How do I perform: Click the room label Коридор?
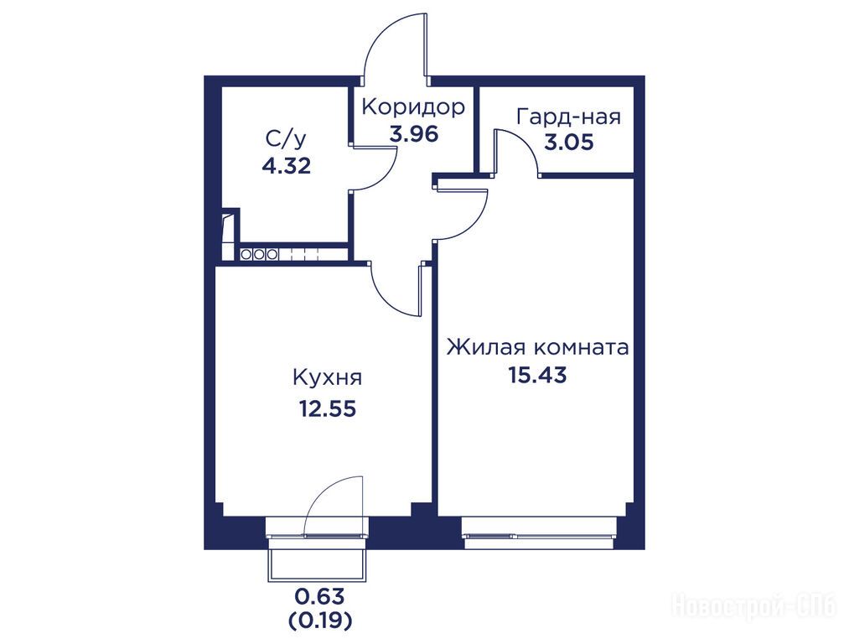coord(413,107)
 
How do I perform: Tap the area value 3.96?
coord(414,133)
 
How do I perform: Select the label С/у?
coord(286,139)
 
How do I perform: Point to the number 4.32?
coord(287,166)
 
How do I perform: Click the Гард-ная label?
coord(569,117)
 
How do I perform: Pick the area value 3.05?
coord(569,143)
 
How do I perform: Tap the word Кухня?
coord(327,377)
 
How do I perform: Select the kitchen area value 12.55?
coord(328,409)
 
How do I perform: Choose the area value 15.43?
coord(537,375)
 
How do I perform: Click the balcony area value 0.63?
coord(319,596)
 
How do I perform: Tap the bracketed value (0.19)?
coord(319,620)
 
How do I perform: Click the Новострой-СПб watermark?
coord(753,605)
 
